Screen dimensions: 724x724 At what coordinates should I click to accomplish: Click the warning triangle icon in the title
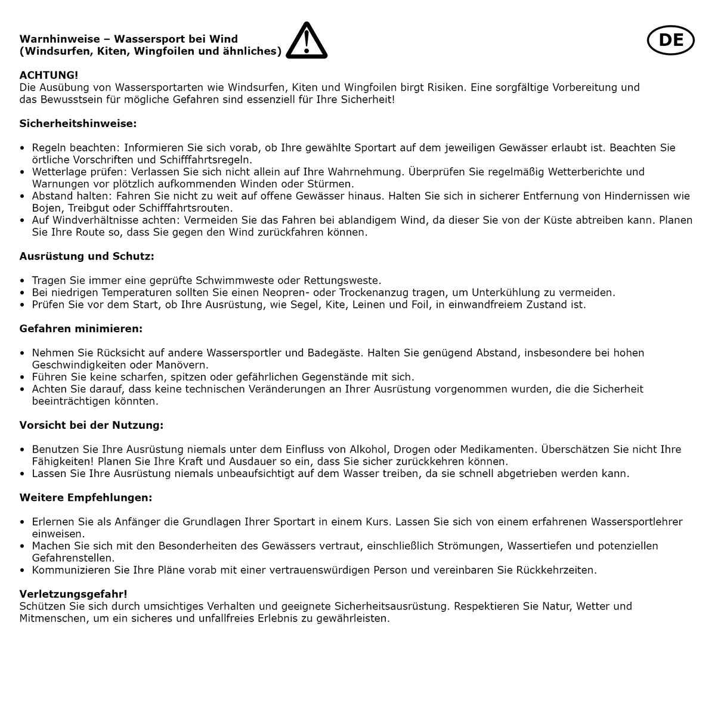click(307, 41)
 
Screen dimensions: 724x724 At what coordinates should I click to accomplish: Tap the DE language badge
click(671, 40)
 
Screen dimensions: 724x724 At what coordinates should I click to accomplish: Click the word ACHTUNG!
click(49, 75)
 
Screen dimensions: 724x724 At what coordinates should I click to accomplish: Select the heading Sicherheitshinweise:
click(78, 123)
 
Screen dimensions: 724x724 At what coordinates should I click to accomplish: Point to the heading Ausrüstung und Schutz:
click(86, 256)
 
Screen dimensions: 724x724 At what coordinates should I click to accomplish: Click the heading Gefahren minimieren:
click(81, 329)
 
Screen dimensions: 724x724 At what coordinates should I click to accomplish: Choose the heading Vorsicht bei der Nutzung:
click(91, 425)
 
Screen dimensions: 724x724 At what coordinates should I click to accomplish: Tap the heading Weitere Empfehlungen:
click(86, 497)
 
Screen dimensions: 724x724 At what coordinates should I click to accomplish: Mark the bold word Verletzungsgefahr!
click(73, 594)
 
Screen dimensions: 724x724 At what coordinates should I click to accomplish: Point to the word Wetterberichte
click(578, 172)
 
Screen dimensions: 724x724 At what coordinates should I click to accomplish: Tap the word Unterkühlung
click(509, 292)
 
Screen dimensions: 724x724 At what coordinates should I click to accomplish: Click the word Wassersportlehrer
click(637, 522)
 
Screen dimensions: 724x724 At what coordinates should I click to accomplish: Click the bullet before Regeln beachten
click(23, 148)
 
